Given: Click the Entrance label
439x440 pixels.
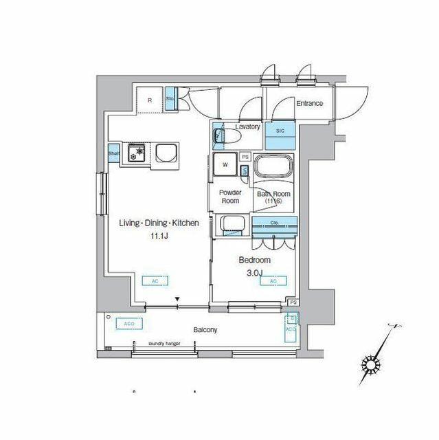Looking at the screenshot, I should tap(309, 103).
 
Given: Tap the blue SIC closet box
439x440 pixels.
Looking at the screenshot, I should tap(280, 132).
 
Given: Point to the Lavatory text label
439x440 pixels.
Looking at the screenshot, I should tap(247, 126).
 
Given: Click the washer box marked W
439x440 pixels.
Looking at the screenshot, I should tap(224, 164).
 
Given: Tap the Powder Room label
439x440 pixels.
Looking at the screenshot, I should tap(229, 197).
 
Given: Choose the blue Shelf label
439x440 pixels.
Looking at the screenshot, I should tap(114, 153).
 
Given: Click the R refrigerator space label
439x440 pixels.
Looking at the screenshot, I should tap(150, 100).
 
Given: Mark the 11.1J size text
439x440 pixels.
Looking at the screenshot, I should tap(159, 235).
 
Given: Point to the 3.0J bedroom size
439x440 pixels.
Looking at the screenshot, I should tap(254, 272).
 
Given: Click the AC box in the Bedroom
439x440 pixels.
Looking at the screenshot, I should tap(273, 281).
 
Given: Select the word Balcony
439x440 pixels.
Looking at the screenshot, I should tap(205, 330).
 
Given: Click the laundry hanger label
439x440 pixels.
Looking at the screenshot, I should tap(164, 343).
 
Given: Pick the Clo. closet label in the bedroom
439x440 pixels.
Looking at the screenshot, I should tap(273, 223).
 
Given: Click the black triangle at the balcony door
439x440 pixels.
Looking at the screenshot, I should tap(178, 299).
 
